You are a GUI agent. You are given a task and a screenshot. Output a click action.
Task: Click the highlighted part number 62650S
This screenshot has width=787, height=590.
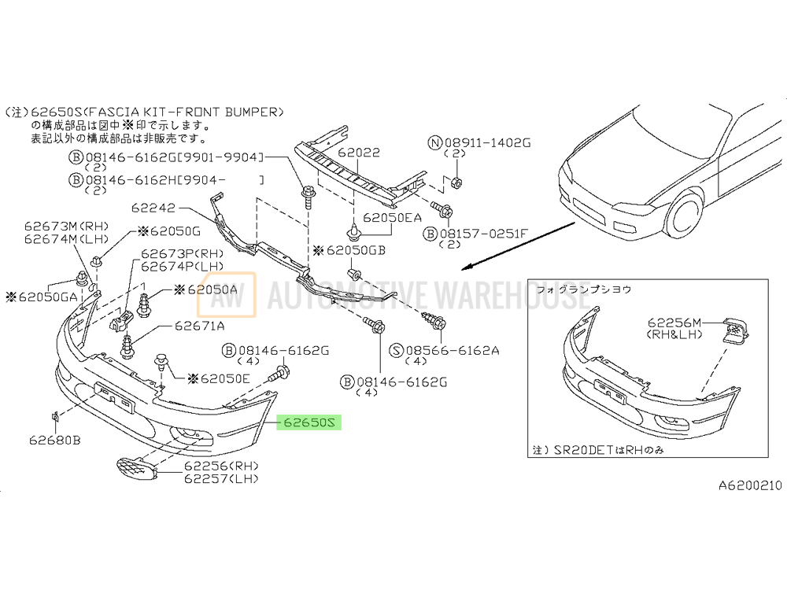(309, 423)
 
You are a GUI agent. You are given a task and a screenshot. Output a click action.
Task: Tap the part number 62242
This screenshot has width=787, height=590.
(153, 209)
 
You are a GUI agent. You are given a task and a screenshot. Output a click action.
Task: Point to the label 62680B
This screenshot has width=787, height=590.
(55, 440)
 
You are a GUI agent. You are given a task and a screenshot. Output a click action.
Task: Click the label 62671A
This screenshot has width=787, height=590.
(200, 326)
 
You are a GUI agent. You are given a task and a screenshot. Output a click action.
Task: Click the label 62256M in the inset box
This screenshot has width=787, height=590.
(674, 323)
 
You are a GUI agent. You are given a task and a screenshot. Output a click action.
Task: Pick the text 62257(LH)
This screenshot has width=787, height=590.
(221, 478)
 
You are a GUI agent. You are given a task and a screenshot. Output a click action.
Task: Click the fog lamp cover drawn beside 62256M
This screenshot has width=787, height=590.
(737, 330)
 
